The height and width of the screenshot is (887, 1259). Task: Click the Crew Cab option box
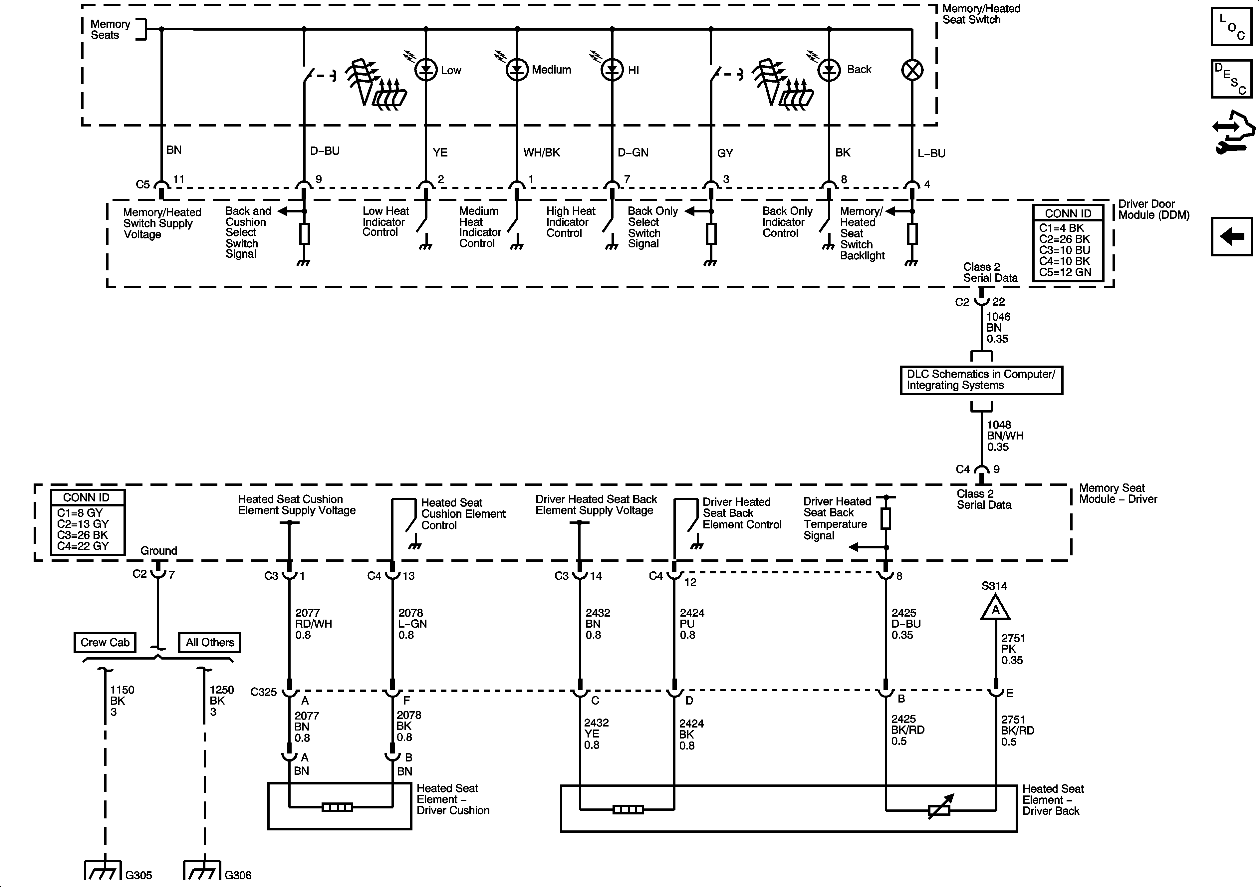coord(105,642)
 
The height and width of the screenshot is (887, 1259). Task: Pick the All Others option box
coord(209,642)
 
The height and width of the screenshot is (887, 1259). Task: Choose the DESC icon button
coord(1231,79)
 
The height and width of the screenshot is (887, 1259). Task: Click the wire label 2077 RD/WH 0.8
coord(313,624)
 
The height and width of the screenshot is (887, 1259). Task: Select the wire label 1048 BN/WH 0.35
coord(1005,436)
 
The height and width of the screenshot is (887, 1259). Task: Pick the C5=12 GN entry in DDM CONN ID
coord(1065,272)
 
